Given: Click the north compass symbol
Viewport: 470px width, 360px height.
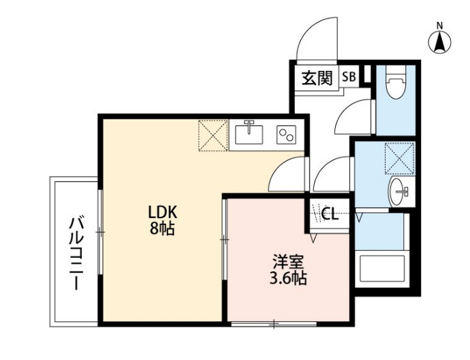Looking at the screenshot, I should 439,40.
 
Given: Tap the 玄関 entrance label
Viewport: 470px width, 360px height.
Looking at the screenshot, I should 316,78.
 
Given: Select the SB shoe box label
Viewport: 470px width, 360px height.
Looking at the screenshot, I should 348,78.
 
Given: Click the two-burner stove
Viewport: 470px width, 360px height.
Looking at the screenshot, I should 285,135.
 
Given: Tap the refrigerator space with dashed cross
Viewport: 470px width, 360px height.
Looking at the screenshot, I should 212,136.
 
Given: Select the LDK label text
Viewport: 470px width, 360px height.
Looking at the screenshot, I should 163,212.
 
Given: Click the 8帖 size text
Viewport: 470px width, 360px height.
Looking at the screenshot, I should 163,230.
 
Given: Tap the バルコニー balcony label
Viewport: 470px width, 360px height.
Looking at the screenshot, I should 77,252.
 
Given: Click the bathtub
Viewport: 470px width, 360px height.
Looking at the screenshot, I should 382,270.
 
